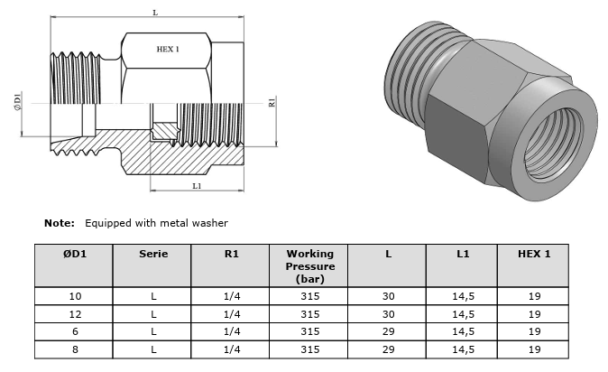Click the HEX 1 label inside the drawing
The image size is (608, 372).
click(168, 50)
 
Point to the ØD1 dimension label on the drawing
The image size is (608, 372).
click(18, 101)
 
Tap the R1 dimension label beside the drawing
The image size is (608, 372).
click(272, 102)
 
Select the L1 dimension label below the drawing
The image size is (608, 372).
click(197, 186)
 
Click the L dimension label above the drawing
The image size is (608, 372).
click(155, 13)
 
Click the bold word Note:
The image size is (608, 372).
click(60, 223)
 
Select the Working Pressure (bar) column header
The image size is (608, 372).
click(310, 266)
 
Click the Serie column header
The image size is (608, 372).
click(153, 254)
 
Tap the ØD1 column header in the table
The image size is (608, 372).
click(75, 254)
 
